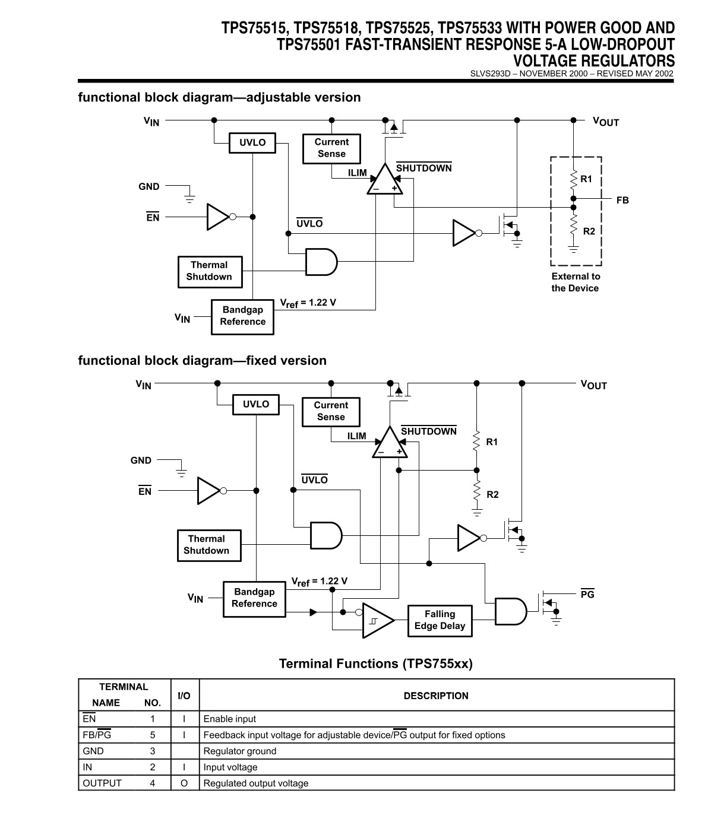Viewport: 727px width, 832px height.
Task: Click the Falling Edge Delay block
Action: (440, 621)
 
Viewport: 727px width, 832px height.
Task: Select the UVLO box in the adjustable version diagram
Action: (252, 143)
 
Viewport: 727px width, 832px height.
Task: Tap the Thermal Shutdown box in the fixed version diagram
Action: (209, 545)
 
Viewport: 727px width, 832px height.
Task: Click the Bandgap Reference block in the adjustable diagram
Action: (242, 317)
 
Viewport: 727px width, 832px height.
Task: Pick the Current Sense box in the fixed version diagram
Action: (331, 412)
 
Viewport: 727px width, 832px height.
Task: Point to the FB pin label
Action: (622, 200)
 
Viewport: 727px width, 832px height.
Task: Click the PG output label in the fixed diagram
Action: (587, 593)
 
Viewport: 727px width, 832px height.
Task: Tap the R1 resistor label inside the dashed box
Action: (586, 179)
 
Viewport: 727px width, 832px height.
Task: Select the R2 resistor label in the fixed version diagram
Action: (492, 494)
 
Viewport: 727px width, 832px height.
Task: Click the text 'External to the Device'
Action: (575, 282)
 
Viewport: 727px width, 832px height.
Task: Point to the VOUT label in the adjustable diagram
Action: (606, 122)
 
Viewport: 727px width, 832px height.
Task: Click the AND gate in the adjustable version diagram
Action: (321, 262)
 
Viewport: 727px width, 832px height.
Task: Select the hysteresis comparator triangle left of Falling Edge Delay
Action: (378, 621)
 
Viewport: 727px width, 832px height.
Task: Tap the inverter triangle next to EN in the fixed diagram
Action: (209, 491)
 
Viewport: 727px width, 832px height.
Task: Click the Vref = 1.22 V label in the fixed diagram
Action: (319, 582)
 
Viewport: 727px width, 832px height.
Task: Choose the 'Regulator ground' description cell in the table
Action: (240, 751)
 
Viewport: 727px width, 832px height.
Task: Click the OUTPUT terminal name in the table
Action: (102, 783)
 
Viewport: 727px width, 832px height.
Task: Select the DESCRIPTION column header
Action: (436, 696)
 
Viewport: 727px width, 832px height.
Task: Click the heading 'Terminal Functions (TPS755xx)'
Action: (376, 663)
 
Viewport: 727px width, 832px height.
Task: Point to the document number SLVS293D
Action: (490, 74)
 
